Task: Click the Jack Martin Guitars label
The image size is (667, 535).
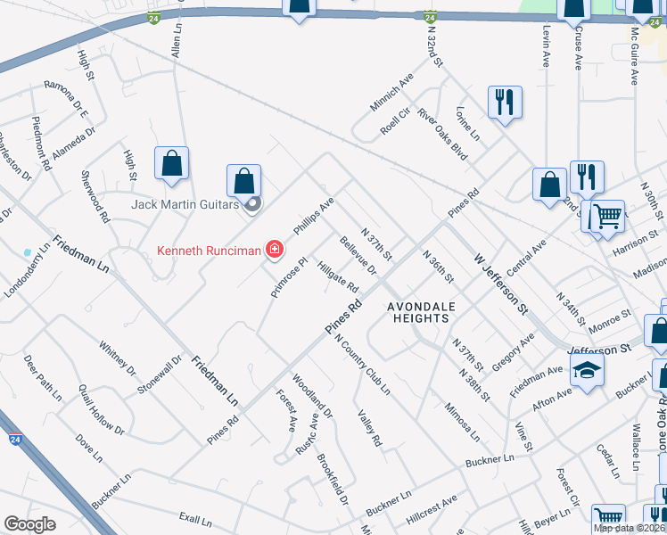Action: pyautogui.click(x=185, y=204)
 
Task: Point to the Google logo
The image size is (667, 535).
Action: pyautogui.click(x=29, y=524)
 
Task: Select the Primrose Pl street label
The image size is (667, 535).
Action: pyautogui.click(x=289, y=276)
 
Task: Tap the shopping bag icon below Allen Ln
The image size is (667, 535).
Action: pyautogui.click(x=171, y=164)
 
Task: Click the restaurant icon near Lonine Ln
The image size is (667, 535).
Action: pyautogui.click(x=505, y=102)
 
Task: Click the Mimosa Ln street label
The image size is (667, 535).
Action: pyautogui.click(x=462, y=421)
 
